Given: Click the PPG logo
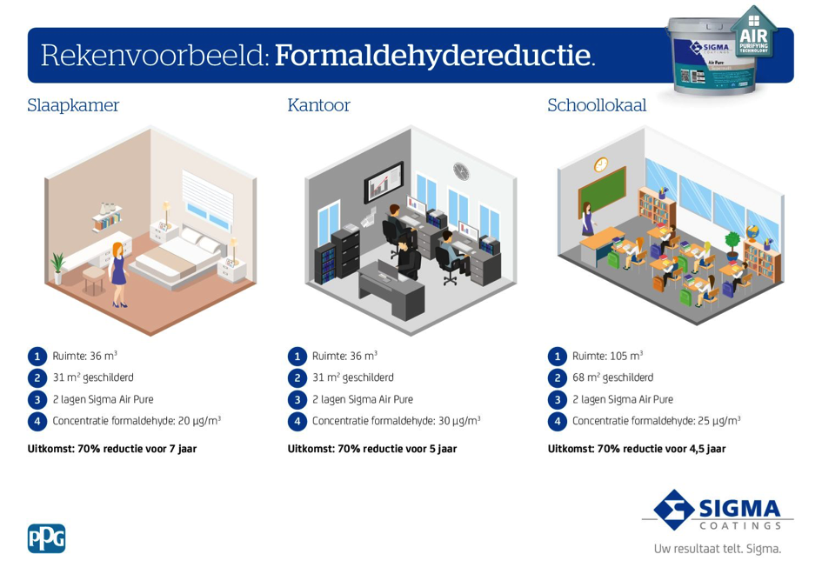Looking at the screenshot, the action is (47, 538).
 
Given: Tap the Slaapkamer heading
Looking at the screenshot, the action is (73, 105).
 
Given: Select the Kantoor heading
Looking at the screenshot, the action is (318, 105).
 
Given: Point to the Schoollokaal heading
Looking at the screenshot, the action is (597, 105).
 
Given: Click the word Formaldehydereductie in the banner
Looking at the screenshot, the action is (435, 55).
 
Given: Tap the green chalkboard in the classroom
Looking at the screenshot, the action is (602, 190).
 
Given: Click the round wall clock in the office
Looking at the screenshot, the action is (461, 171).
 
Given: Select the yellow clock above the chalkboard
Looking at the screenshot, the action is (601, 164).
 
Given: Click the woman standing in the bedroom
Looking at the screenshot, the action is (118, 274).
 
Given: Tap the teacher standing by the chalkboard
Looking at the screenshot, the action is (587, 219).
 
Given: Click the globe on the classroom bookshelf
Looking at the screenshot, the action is (752, 233).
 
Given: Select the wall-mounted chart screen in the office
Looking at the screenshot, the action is (384, 182).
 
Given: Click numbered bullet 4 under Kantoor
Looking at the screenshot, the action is (297, 421).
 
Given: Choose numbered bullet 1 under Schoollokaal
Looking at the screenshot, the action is (558, 357).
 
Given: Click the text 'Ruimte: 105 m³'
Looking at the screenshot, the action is (607, 356).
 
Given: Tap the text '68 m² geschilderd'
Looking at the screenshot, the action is (613, 377).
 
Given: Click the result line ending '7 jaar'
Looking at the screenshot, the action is (112, 449).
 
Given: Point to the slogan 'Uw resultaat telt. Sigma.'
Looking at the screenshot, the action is (717, 549).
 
